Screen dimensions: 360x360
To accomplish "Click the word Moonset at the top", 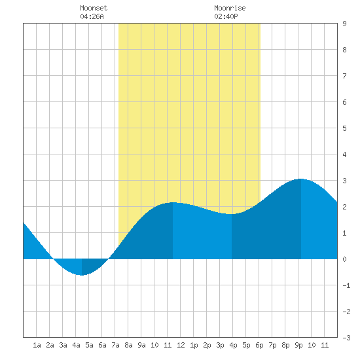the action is [x=94, y=8].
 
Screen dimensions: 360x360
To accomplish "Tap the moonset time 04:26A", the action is [x=92, y=16].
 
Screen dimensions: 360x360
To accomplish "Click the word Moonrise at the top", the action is [x=230, y=8].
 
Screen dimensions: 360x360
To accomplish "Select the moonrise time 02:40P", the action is [x=226, y=16].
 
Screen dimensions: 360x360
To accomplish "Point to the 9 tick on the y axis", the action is [x=344, y=24].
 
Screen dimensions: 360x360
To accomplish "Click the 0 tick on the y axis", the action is [x=344, y=259].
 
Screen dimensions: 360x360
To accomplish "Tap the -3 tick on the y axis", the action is [x=346, y=338].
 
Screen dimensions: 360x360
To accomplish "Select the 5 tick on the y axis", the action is [x=344, y=128].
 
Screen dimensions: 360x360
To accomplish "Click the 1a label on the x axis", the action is [x=37, y=345].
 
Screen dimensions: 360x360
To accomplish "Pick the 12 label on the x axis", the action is [x=181, y=345].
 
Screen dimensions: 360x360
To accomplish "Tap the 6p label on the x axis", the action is [x=259, y=345].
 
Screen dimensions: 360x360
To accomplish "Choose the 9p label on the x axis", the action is [x=298, y=345].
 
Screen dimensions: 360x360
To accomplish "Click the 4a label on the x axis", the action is [x=76, y=345].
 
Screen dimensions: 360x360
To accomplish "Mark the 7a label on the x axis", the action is [x=115, y=345].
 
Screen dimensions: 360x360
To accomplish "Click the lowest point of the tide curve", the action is [x=82, y=275].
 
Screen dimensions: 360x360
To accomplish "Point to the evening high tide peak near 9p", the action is [x=301, y=179].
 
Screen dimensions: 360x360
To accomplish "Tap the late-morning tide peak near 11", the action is [x=173, y=202].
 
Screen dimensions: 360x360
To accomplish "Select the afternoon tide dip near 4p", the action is [x=232, y=214].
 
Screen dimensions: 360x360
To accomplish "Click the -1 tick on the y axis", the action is [x=346, y=285].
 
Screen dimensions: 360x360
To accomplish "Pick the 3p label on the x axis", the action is [x=220, y=345].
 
